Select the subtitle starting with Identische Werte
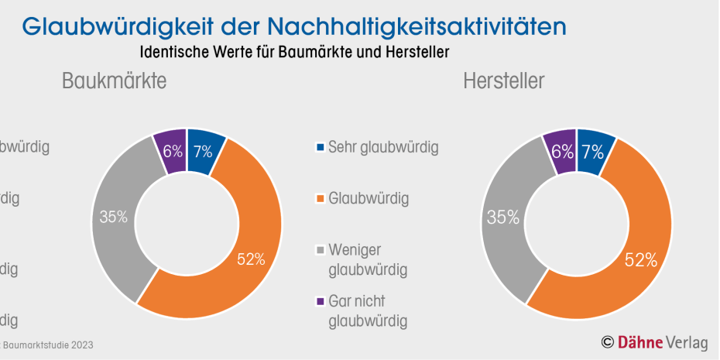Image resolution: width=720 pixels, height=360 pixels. pos(295,52)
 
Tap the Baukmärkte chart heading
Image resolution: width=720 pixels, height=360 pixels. pos(115,81)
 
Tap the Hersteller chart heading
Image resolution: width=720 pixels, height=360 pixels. pos(504,81)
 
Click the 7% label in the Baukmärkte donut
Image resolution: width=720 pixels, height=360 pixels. pos(203,151)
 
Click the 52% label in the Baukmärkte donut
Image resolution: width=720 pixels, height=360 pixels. pos(251,259)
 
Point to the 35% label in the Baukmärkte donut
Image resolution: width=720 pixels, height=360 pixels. pos(113,217)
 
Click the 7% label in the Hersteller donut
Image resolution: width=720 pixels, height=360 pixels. pos(592,152)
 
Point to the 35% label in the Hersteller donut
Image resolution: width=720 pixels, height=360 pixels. pos(502,218)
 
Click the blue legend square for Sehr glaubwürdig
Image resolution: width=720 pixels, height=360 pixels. pos(320,147)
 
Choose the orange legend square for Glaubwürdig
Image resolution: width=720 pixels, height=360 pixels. pos(320,199)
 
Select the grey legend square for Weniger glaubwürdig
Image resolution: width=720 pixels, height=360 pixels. pos(320,250)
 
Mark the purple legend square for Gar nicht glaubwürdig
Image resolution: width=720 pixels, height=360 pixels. pos(320,301)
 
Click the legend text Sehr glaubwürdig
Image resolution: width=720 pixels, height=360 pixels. pos(383,147)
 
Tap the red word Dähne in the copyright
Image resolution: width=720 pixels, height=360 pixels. pos(640,341)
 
